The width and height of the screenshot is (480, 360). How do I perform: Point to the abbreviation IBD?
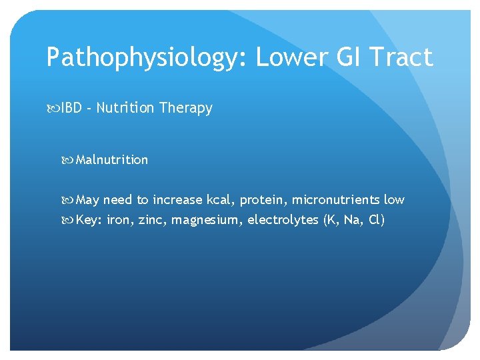coord(73,108)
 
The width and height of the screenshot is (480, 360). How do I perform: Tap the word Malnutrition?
coord(112,160)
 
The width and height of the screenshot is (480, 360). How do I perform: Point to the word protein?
coord(263,200)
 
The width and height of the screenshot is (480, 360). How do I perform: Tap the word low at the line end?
coord(394,200)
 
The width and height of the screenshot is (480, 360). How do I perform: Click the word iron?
coord(119,220)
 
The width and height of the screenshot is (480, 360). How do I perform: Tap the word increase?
coord(177,200)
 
